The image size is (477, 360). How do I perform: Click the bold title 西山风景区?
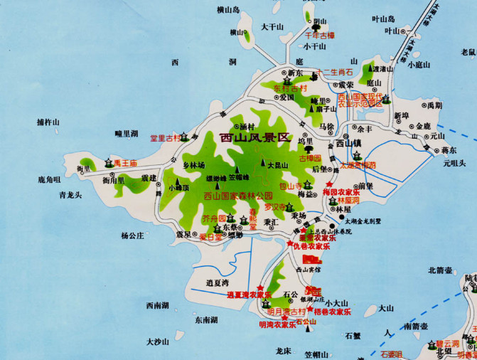tap(256, 138)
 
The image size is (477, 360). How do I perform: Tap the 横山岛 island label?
tap(229, 10)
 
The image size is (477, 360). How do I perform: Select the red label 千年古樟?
tap(319, 34)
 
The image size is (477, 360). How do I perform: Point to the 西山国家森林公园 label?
tap(238, 196)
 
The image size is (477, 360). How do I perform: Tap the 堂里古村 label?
tap(164, 138)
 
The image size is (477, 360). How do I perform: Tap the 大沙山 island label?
tap(159, 342)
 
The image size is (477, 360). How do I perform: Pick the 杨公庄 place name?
tap(132, 235)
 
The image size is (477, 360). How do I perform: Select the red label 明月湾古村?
tap(286, 312)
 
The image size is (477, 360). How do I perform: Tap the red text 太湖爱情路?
tap(356, 164)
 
